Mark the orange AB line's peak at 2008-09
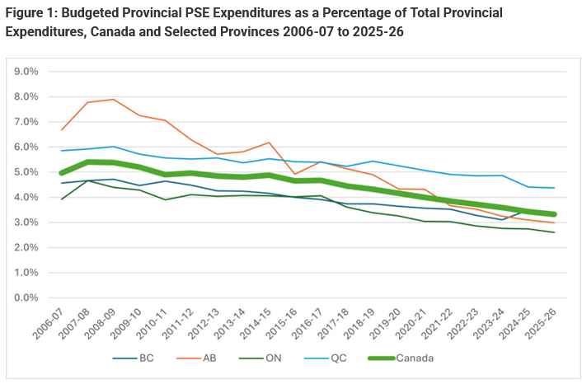tap(114, 100)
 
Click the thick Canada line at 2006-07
tap(62, 173)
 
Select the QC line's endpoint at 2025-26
tap(554, 188)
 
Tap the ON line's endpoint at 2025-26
tap(554, 232)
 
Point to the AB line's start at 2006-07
tap(62, 130)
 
